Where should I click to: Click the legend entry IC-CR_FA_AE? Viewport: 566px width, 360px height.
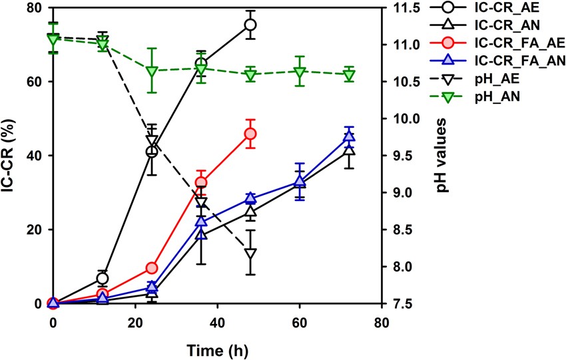pyautogui.click(x=525, y=43)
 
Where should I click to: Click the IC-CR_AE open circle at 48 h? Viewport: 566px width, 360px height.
pyautogui.click(x=250, y=25)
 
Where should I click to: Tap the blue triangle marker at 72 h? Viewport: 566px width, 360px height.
pyautogui.click(x=349, y=137)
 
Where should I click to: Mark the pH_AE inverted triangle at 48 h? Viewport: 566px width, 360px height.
pyautogui.click(x=250, y=254)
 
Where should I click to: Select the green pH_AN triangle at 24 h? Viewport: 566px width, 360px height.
pyautogui.click(x=152, y=71)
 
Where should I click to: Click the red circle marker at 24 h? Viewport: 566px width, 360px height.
pyautogui.click(x=152, y=268)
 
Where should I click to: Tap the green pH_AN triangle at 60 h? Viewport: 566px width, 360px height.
pyautogui.click(x=300, y=71)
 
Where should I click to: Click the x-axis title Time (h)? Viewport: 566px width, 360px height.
pyautogui.click(x=217, y=347)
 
